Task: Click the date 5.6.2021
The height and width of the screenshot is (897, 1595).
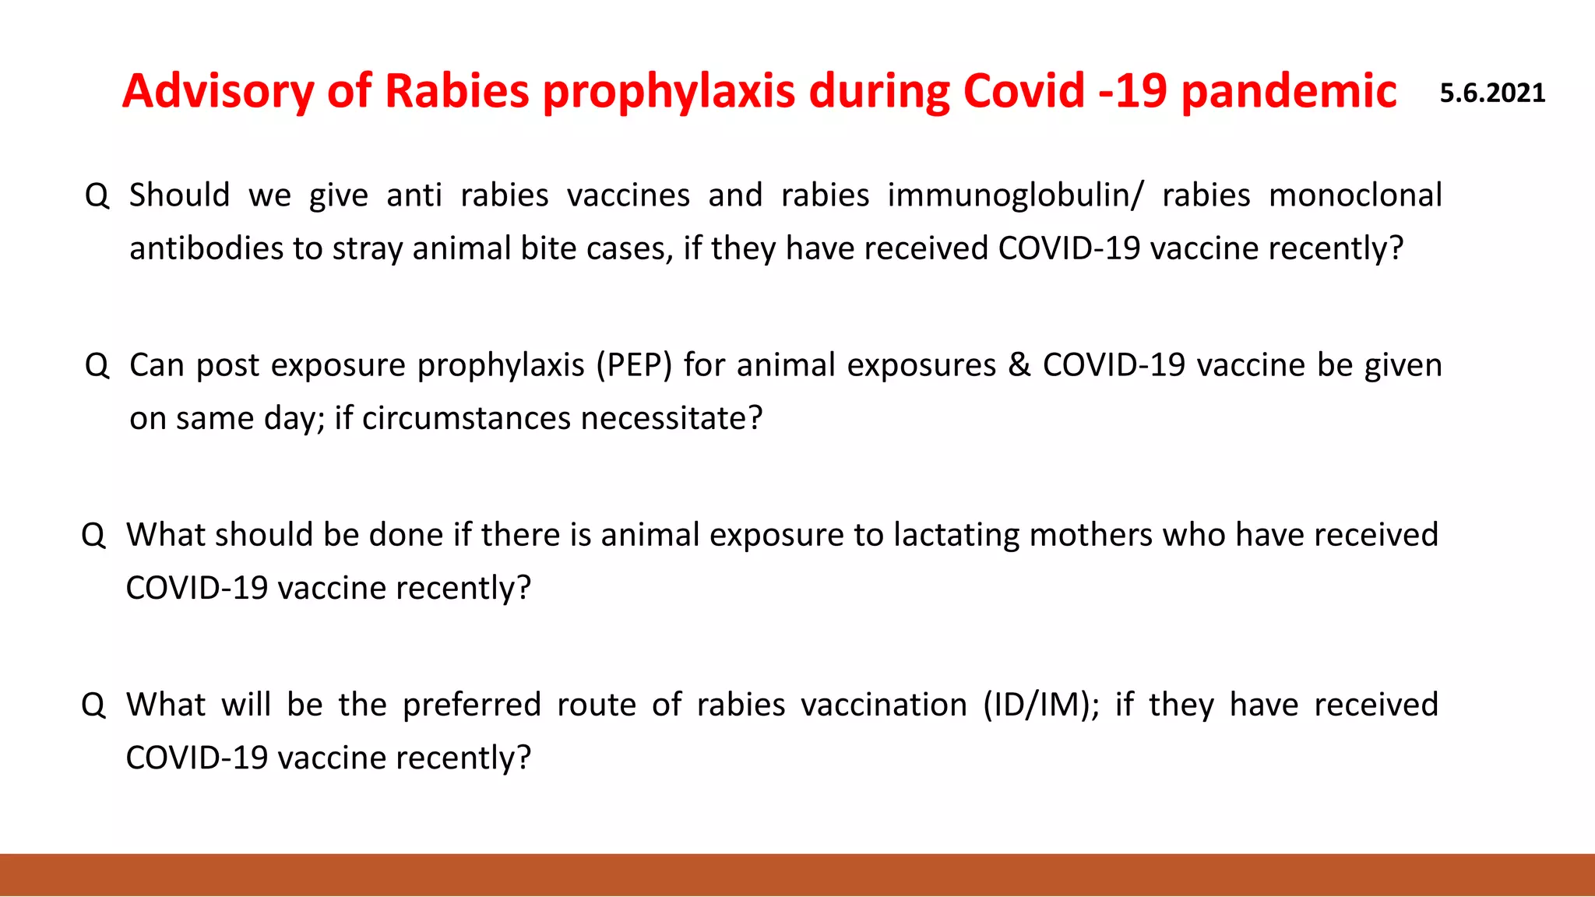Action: [x=1492, y=93]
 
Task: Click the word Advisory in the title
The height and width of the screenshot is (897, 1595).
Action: [x=218, y=92]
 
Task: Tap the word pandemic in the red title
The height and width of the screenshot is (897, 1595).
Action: [x=1289, y=92]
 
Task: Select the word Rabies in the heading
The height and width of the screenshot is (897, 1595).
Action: [x=457, y=90]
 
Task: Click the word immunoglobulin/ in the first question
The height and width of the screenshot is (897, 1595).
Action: [x=1015, y=195]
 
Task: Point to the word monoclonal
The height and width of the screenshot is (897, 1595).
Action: [x=1355, y=195]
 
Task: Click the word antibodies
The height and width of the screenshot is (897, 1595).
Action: [x=206, y=248]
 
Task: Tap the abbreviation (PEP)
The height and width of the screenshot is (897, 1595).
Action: [x=634, y=365]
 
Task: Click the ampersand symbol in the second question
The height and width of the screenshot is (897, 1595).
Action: [x=1019, y=365]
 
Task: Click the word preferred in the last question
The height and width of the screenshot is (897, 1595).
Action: [x=471, y=705]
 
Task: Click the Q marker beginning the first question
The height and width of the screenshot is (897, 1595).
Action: [x=97, y=195]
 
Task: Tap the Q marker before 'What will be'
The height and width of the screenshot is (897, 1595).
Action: [x=93, y=705]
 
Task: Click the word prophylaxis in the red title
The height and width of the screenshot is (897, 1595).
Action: [x=668, y=92]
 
